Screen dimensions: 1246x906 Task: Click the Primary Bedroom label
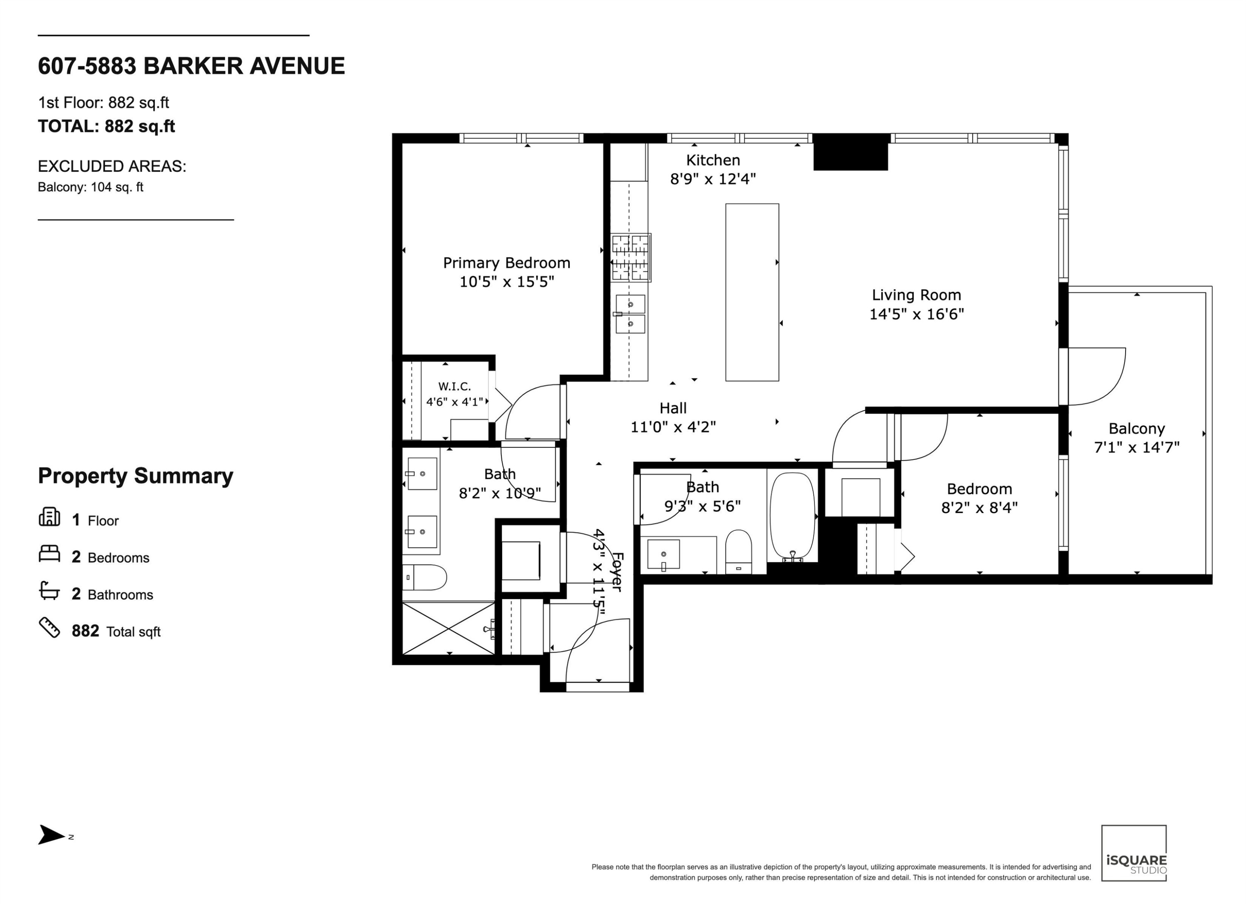point(507,263)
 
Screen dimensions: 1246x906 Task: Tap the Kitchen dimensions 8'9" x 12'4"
point(713,179)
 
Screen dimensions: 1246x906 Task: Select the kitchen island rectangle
point(752,292)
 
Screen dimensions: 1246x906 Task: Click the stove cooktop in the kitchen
point(631,258)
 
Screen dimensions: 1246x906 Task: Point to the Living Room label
point(916,295)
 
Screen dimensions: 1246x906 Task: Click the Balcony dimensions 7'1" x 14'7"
point(1137,447)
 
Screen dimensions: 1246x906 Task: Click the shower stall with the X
point(449,629)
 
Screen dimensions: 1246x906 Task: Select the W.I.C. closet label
point(454,386)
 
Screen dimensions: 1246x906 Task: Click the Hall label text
point(673,408)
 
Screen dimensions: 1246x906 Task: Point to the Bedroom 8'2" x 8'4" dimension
point(979,508)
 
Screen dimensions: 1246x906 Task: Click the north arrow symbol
point(52,835)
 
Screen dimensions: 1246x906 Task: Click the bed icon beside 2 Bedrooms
point(49,553)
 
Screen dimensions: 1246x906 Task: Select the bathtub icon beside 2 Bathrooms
point(49,591)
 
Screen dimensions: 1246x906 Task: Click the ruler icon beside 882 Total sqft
point(49,627)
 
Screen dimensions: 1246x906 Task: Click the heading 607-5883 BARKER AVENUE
point(191,66)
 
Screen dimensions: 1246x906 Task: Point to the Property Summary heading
point(136,476)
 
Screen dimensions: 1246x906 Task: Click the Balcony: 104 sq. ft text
point(91,187)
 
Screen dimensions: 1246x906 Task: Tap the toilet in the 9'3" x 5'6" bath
point(738,552)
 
